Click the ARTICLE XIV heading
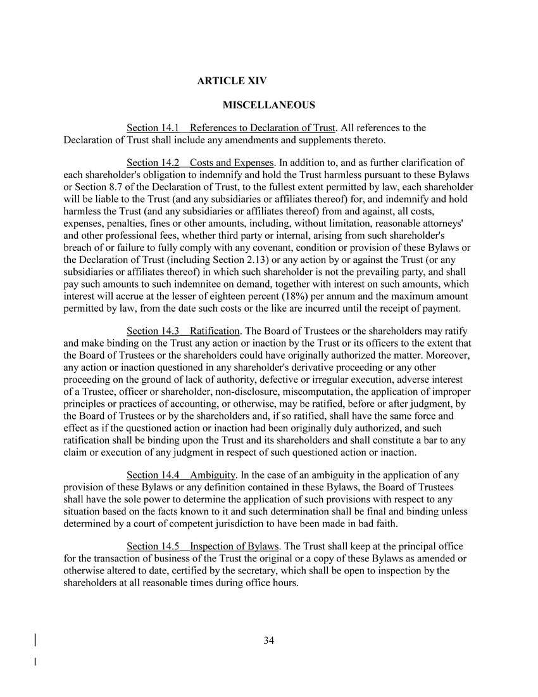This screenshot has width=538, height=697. pyautogui.click(x=232, y=81)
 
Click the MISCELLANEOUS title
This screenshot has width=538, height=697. pyautogui.click(x=268, y=105)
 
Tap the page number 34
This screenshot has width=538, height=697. pyautogui.click(x=268, y=641)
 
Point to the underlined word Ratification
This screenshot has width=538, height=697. pyautogui.click(x=215, y=331)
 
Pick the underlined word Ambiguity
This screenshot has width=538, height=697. pyautogui.click(x=213, y=475)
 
